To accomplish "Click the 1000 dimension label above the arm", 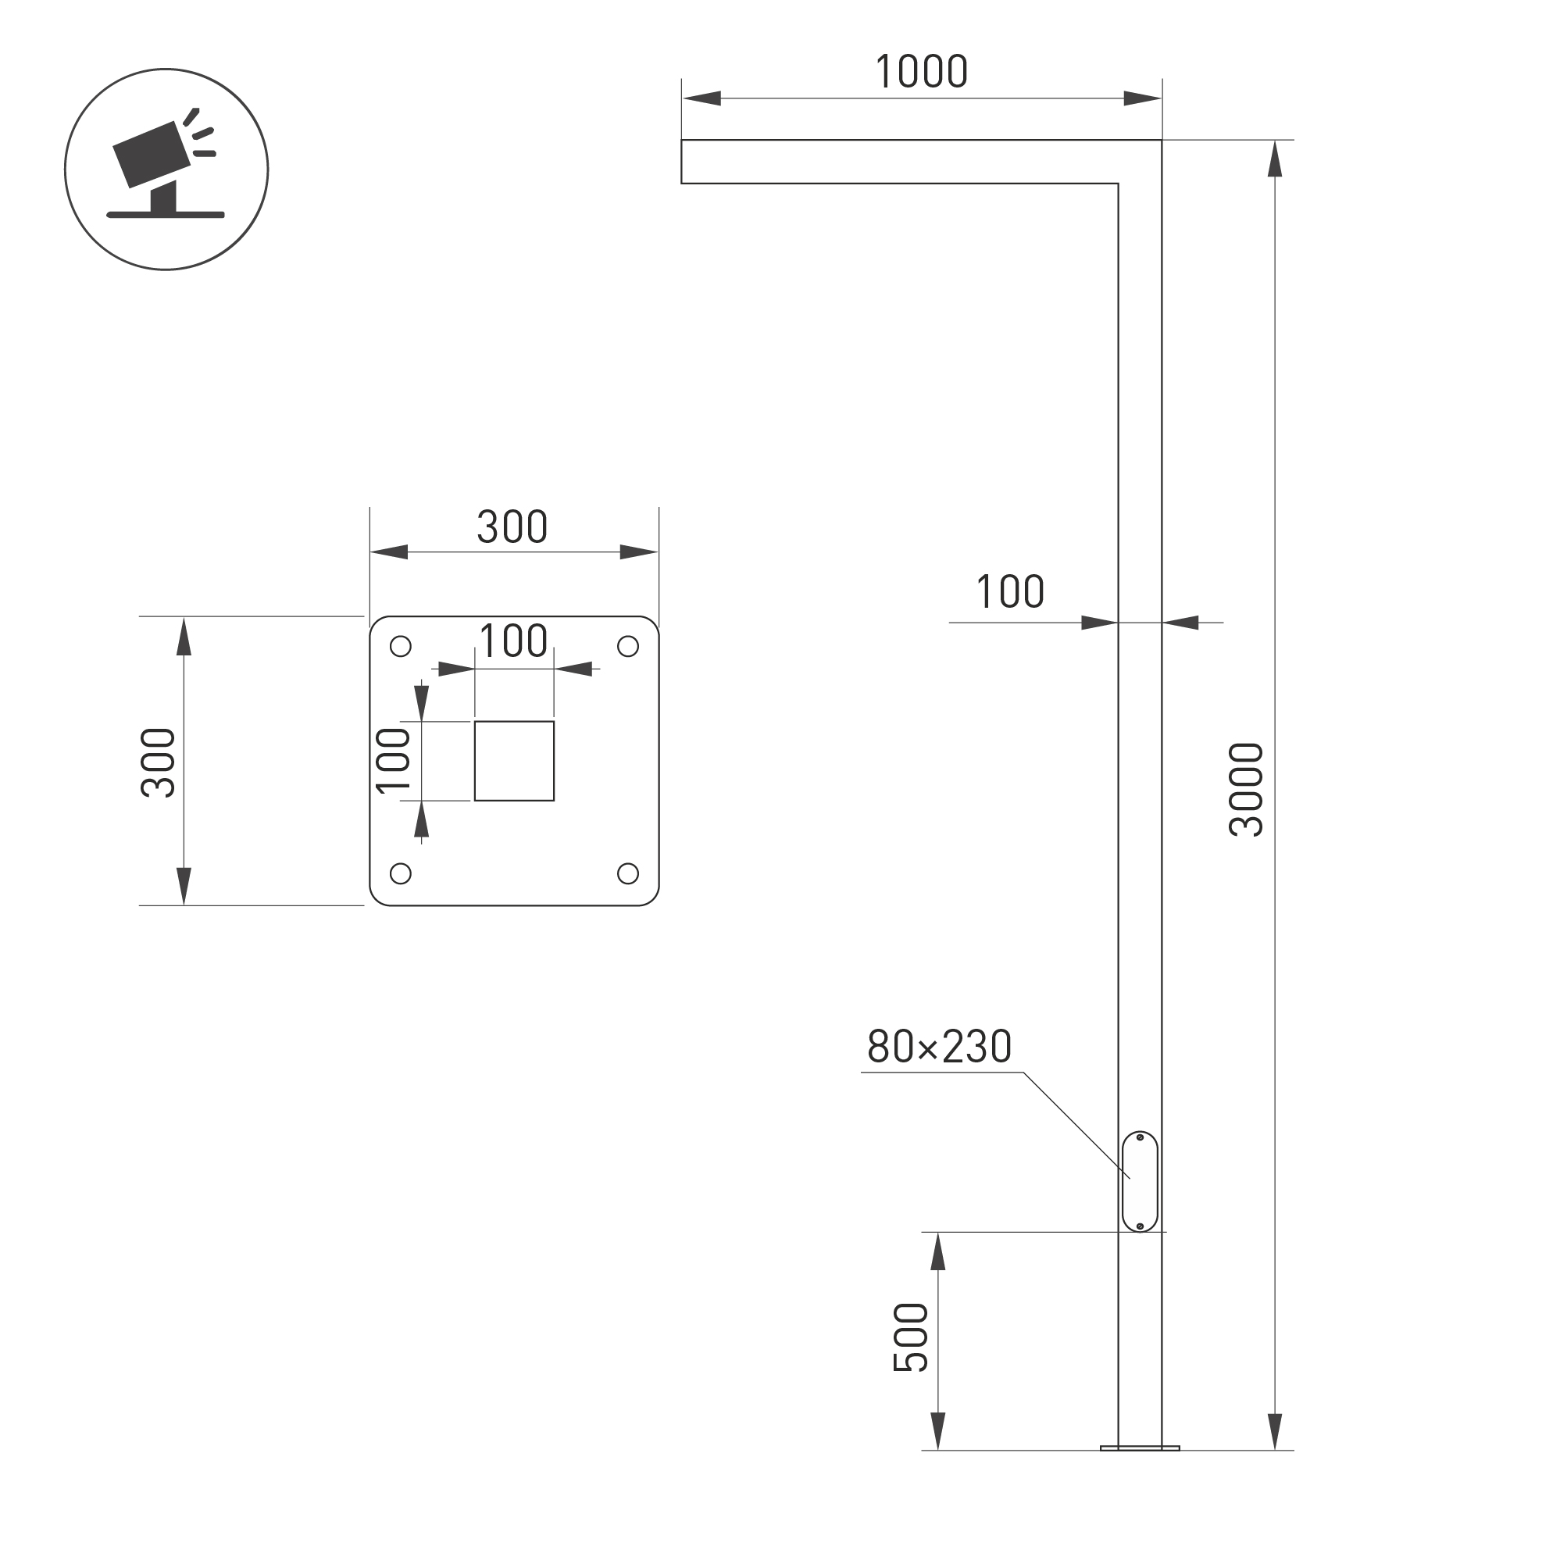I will point(921,72).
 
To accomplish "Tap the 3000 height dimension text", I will point(1245,789).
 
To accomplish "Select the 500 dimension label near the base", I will point(910,1337).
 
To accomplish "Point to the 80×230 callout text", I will point(939,1047).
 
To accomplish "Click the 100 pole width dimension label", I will point(1010,592).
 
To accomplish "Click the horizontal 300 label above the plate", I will point(512,527).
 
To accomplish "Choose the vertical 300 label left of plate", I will point(159,763).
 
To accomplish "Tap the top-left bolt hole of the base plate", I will point(401,647).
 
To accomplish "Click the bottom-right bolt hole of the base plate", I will point(627,873).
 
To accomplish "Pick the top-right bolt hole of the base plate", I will point(627,647).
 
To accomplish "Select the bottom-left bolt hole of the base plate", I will point(401,873).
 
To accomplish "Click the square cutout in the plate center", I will point(514,761).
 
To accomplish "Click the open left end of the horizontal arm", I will point(683,162).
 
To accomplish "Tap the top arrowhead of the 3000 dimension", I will point(1275,159).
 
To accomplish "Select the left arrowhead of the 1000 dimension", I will point(701,98).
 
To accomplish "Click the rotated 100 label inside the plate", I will point(393,761).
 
